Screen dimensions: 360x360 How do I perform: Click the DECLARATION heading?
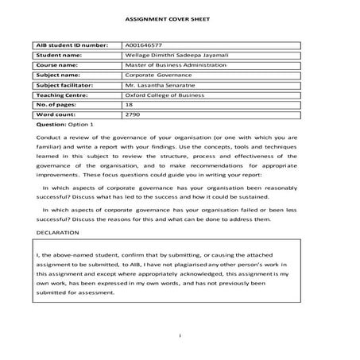pyautogui.click(x=58, y=233)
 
